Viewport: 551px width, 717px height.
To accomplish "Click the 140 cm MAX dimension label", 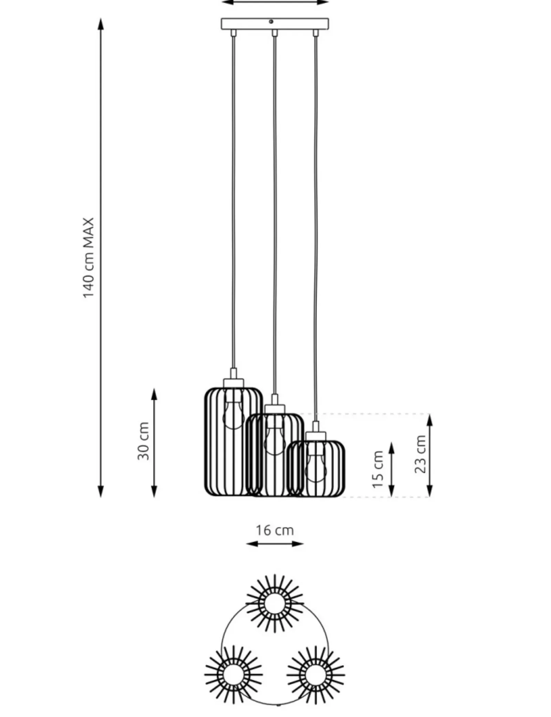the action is (89, 257).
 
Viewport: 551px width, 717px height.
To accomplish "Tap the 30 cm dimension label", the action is (143, 441).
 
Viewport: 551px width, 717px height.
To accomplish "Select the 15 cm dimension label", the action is (378, 469).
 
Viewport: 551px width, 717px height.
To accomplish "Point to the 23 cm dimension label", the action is (420, 454).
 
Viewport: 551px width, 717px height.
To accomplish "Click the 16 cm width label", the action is (274, 530).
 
